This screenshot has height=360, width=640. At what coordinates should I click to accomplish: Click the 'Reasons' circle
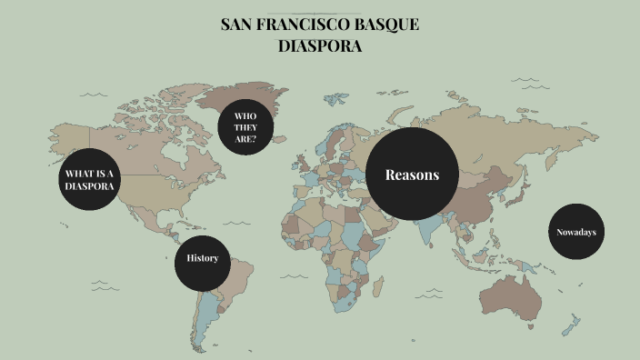[412, 174]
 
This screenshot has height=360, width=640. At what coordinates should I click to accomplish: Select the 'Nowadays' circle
[576, 232]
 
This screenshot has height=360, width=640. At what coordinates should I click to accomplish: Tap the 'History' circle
[202, 258]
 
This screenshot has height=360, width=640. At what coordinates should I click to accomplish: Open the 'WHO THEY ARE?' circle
[246, 127]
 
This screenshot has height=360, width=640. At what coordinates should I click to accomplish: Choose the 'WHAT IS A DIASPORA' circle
[89, 179]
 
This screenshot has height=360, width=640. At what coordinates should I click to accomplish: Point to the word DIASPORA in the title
[320, 45]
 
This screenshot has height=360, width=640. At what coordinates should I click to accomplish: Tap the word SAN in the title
[238, 25]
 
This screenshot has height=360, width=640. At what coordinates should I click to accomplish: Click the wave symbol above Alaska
[93, 94]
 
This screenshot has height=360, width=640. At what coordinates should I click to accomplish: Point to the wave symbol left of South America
[106, 287]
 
